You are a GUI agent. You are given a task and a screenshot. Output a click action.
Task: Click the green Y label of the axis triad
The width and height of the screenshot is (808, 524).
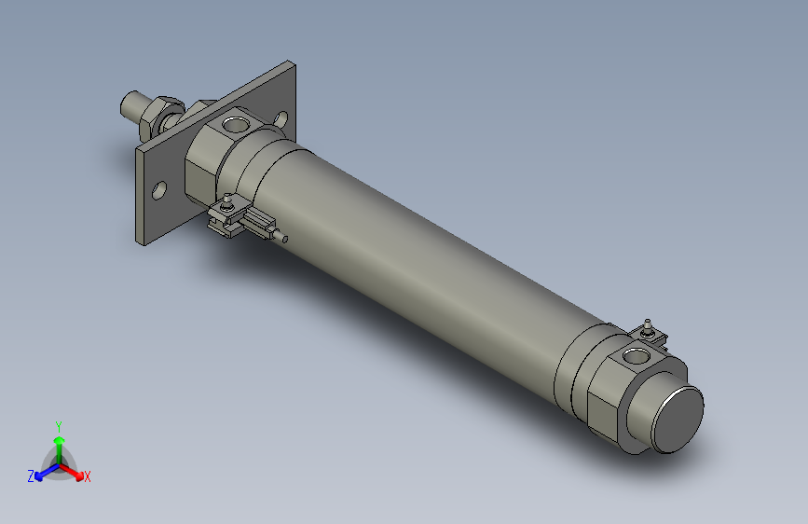pyautogui.click(x=59, y=424)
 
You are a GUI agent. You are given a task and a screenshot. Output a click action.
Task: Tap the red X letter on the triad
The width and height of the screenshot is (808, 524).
pyautogui.click(x=88, y=477)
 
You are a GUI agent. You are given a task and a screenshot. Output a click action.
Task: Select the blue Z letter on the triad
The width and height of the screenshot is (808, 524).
pyautogui.click(x=31, y=476)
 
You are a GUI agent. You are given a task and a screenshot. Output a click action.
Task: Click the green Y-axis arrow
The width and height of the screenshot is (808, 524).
pyautogui.click(x=59, y=442)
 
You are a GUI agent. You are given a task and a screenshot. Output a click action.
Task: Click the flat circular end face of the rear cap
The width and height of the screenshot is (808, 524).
pyautogui.click(x=678, y=420)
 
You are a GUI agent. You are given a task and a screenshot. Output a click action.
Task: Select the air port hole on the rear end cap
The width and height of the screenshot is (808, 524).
pyautogui.click(x=637, y=355)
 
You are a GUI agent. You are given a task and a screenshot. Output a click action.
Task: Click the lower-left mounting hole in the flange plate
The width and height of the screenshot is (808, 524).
pyautogui.click(x=159, y=190)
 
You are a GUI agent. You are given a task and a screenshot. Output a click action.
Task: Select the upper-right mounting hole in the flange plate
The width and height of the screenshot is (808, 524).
pyautogui.click(x=282, y=119)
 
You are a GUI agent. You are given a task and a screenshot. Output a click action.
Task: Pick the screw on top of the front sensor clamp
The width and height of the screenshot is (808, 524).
pyautogui.click(x=227, y=199)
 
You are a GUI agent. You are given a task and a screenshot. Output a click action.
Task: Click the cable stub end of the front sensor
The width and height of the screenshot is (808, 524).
pyautogui.click(x=284, y=239)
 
